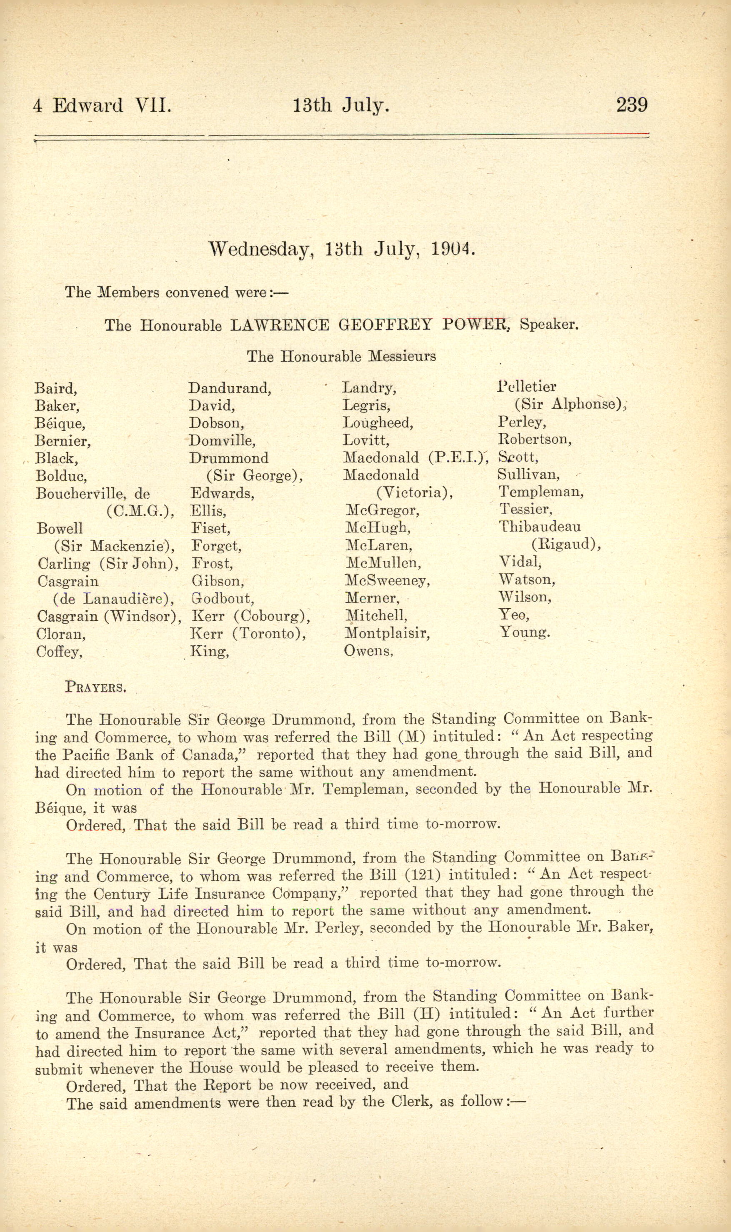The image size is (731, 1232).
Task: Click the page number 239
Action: pos(632,105)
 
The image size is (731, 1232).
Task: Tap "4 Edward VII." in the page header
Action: pos(102,105)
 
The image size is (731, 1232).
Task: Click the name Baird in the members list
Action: pos(55,388)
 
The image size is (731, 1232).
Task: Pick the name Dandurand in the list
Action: pos(230,388)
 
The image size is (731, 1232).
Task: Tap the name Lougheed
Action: pos(378,422)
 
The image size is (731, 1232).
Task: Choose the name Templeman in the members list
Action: pos(541,491)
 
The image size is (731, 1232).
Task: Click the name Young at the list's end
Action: pos(525,632)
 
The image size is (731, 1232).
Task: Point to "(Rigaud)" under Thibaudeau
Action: pos(566,544)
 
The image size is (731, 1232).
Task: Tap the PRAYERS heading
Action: pos(95,687)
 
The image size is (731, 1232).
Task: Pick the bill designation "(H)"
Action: pos(427,1013)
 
